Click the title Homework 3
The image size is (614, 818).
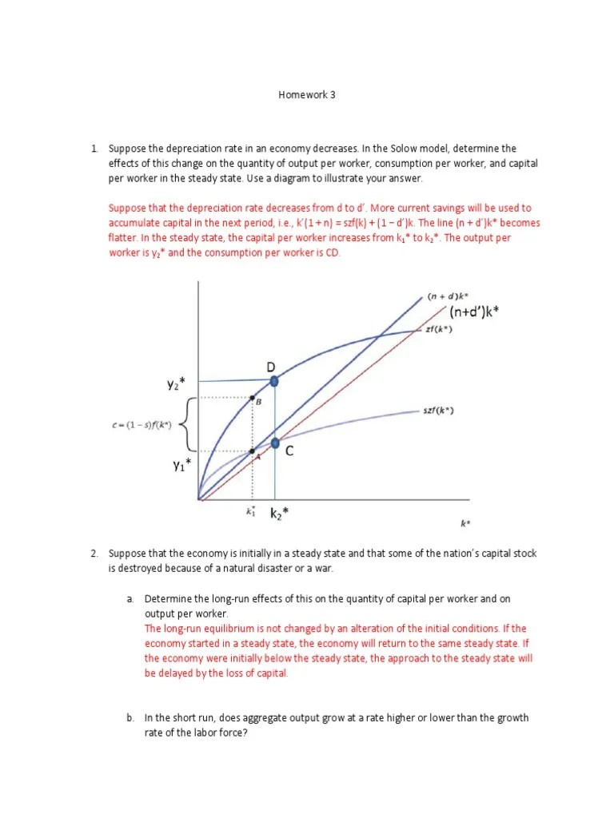point(307,94)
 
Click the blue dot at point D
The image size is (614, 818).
point(274,382)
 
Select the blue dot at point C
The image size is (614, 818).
point(275,443)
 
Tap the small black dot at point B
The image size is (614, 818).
point(253,397)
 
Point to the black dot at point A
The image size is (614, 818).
point(253,451)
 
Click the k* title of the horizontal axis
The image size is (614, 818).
point(465,523)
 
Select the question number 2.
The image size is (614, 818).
point(94,553)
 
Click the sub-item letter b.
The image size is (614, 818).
point(129,717)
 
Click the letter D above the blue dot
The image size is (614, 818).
point(271,366)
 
